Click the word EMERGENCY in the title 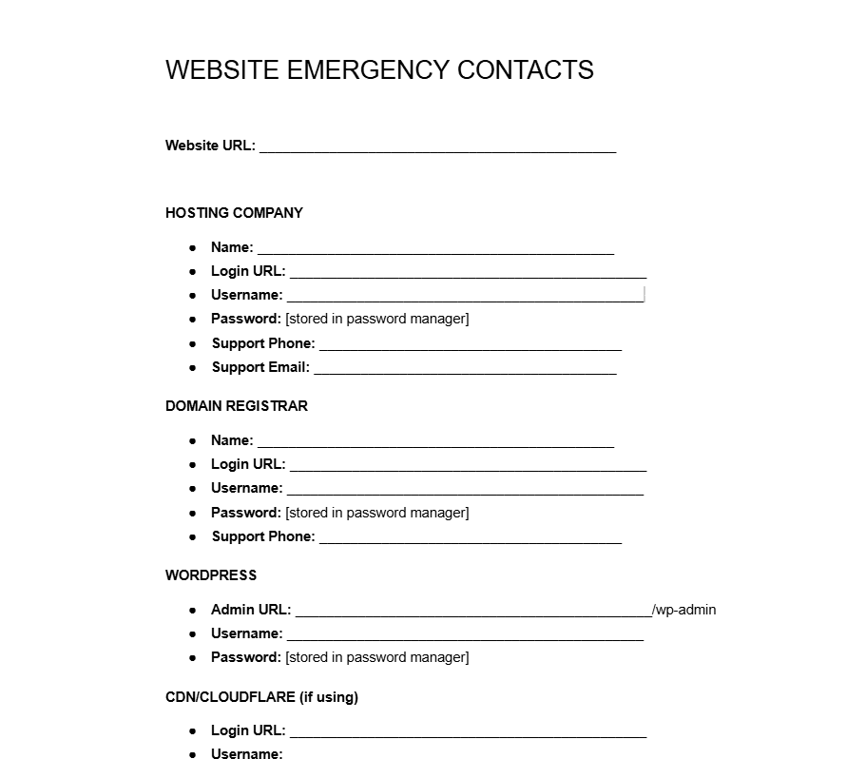pos(368,70)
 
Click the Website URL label pos(210,146)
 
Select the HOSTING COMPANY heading pos(234,213)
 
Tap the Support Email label pos(260,367)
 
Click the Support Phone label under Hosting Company pos(263,343)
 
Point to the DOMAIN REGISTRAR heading pos(237,406)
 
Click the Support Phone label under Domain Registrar pos(263,536)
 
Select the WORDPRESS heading pos(211,575)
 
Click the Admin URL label pos(251,610)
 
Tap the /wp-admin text pos(684,610)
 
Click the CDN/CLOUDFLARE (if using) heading pos(261,697)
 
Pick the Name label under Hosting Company pos(232,247)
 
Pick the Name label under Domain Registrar pos(232,440)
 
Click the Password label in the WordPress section pos(246,657)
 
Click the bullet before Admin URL pos(193,610)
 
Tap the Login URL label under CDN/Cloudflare pos(248,730)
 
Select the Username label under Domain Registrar pos(247,488)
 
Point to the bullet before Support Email pos(193,367)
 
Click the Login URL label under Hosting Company pos(248,271)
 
